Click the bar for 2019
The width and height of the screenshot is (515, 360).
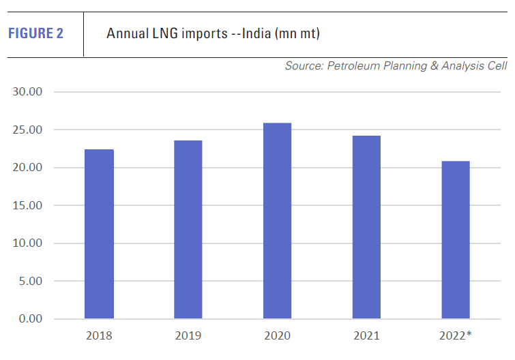tap(188, 230)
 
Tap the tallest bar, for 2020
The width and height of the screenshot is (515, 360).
tap(277, 221)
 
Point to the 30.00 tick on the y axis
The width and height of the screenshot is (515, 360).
tap(28, 92)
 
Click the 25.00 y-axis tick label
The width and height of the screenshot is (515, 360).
tap(28, 130)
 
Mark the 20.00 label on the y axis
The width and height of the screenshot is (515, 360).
tap(28, 168)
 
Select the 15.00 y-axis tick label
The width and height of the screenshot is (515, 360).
tap(28, 205)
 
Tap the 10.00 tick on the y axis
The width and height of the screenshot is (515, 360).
tap(28, 243)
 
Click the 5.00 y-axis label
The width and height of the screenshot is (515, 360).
tap(31, 281)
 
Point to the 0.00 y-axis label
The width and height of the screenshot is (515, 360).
tap(31, 319)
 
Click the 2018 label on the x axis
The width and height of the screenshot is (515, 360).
tap(99, 336)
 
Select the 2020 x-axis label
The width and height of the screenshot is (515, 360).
tap(277, 336)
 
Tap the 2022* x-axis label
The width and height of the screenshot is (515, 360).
tap(455, 336)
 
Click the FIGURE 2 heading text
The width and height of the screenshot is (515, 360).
tap(36, 33)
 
